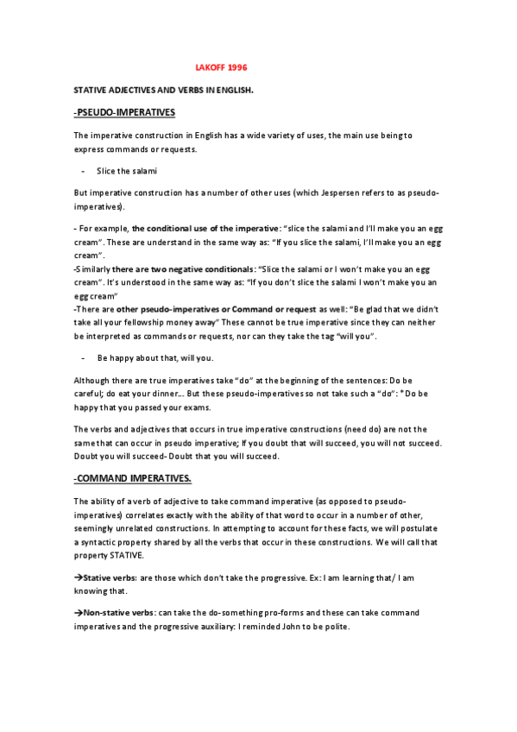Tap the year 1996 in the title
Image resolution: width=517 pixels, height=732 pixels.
[238, 66]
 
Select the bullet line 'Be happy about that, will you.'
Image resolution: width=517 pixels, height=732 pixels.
[154, 357]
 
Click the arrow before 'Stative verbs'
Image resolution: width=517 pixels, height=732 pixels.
[78, 574]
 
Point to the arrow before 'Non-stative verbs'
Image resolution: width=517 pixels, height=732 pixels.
[78, 612]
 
